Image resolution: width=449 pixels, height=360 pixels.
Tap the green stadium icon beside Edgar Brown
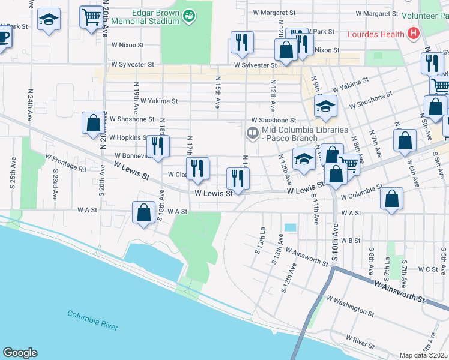(189, 16)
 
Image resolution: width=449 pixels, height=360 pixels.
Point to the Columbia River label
(92, 320)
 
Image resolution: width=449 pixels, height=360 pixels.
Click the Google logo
(20, 353)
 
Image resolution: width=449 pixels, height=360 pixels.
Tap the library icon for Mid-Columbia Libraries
(253, 133)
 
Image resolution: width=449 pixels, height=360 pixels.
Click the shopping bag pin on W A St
(144, 212)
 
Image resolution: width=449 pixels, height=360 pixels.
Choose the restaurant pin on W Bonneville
(158, 146)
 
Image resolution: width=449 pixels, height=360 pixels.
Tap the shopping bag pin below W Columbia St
(391, 200)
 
